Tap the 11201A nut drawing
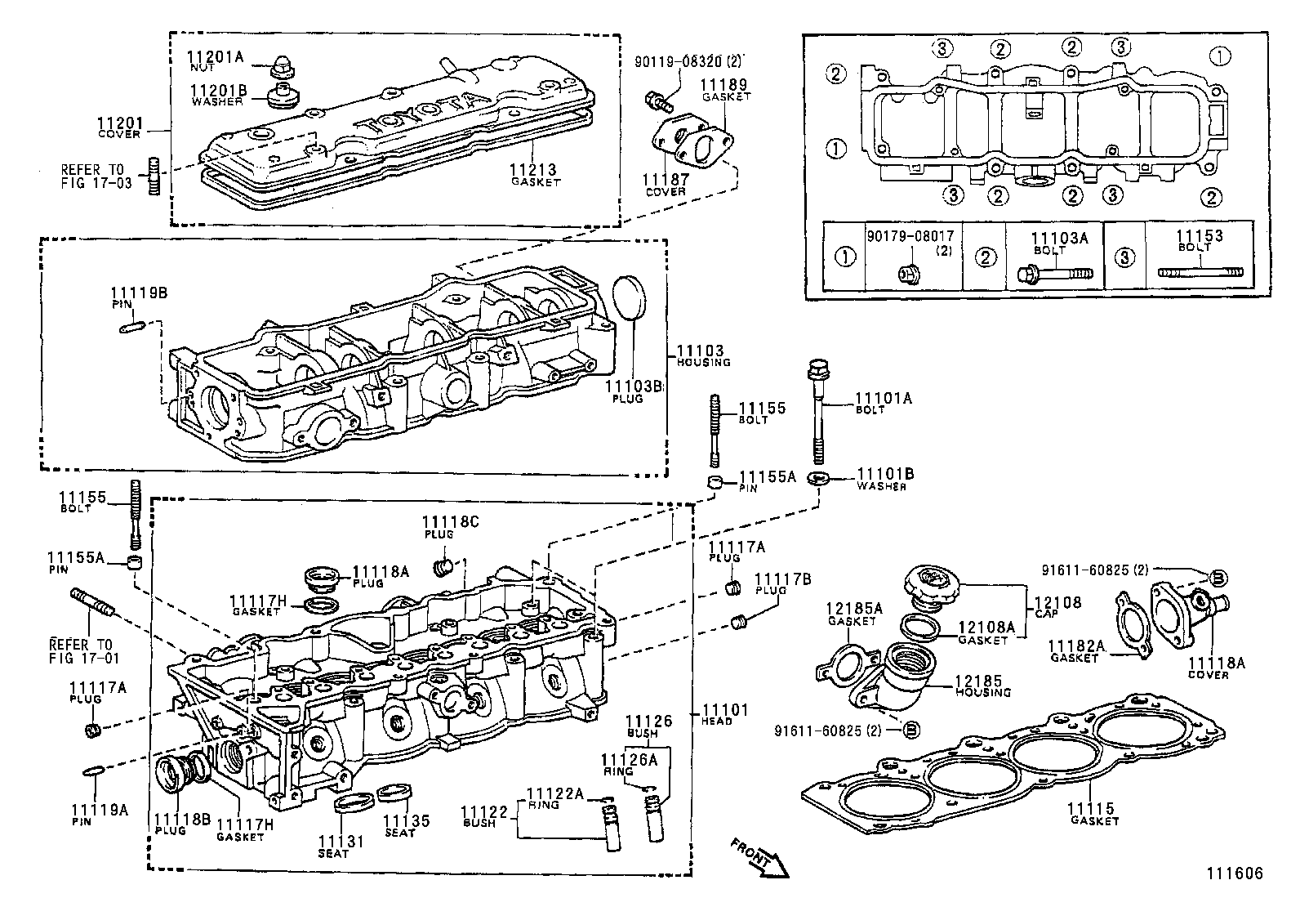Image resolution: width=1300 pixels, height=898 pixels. pyautogui.click(x=281, y=63)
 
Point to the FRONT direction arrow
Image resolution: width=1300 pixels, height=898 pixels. pyautogui.click(x=759, y=859)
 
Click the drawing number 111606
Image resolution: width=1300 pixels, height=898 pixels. pyautogui.click(x=1235, y=873)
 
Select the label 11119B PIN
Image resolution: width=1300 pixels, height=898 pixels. pyautogui.click(x=139, y=293)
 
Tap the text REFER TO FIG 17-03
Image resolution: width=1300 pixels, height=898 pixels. pyautogui.click(x=96, y=176)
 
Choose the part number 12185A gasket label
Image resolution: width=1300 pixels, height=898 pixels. pyautogui.click(x=854, y=609)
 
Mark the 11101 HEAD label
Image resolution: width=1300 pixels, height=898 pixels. pyautogui.click(x=724, y=711)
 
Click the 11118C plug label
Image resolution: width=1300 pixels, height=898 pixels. pyautogui.click(x=450, y=520)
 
